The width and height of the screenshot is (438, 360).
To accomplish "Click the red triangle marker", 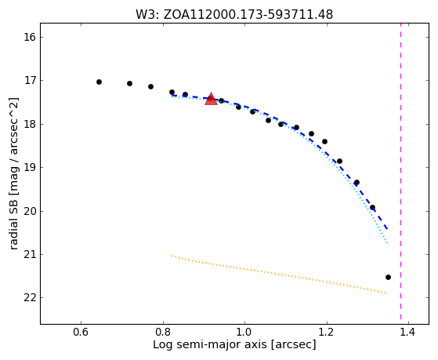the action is pyautogui.click(x=211, y=99).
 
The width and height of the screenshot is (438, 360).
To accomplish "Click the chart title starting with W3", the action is pyautogui.click(x=234, y=15).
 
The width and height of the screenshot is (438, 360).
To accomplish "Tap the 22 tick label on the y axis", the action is pyautogui.click(x=29, y=298).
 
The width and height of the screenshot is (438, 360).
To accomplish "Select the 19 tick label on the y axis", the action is pyautogui.click(x=29, y=168).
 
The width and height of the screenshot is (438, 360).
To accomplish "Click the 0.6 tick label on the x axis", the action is pyautogui.click(x=81, y=333).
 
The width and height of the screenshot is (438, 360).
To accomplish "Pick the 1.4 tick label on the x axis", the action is pyautogui.click(x=409, y=333).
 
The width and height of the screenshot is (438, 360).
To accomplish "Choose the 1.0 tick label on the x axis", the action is pyautogui.click(x=244, y=333).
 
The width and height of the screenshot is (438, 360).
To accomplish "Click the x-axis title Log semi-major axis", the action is pyautogui.click(x=234, y=344).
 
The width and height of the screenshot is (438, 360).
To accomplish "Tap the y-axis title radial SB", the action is pyautogui.click(x=14, y=173).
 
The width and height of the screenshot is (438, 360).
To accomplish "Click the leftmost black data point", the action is pyautogui.click(x=99, y=82).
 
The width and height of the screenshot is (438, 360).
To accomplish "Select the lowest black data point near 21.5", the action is pyautogui.click(x=388, y=277).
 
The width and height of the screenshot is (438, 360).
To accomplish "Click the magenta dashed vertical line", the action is pyautogui.click(x=401, y=171).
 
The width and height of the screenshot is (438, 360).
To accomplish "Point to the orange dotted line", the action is pyautogui.click(x=278, y=275).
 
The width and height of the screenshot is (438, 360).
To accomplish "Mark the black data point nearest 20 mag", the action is pyautogui.click(x=372, y=208).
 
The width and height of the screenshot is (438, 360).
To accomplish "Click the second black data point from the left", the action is pyautogui.click(x=129, y=83).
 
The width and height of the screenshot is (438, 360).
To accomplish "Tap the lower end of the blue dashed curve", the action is pyautogui.click(x=387, y=229).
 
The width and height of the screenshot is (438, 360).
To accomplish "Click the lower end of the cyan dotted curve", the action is pyautogui.click(x=387, y=243).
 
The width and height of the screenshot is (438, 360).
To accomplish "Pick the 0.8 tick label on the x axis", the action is pyautogui.click(x=163, y=333).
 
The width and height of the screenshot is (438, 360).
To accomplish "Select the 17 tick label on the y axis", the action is pyautogui.click(x=29, y=81).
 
